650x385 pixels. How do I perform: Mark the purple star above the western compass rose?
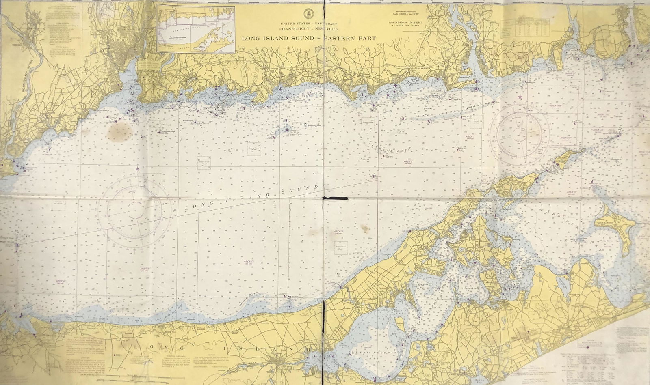(x=137, y=168)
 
